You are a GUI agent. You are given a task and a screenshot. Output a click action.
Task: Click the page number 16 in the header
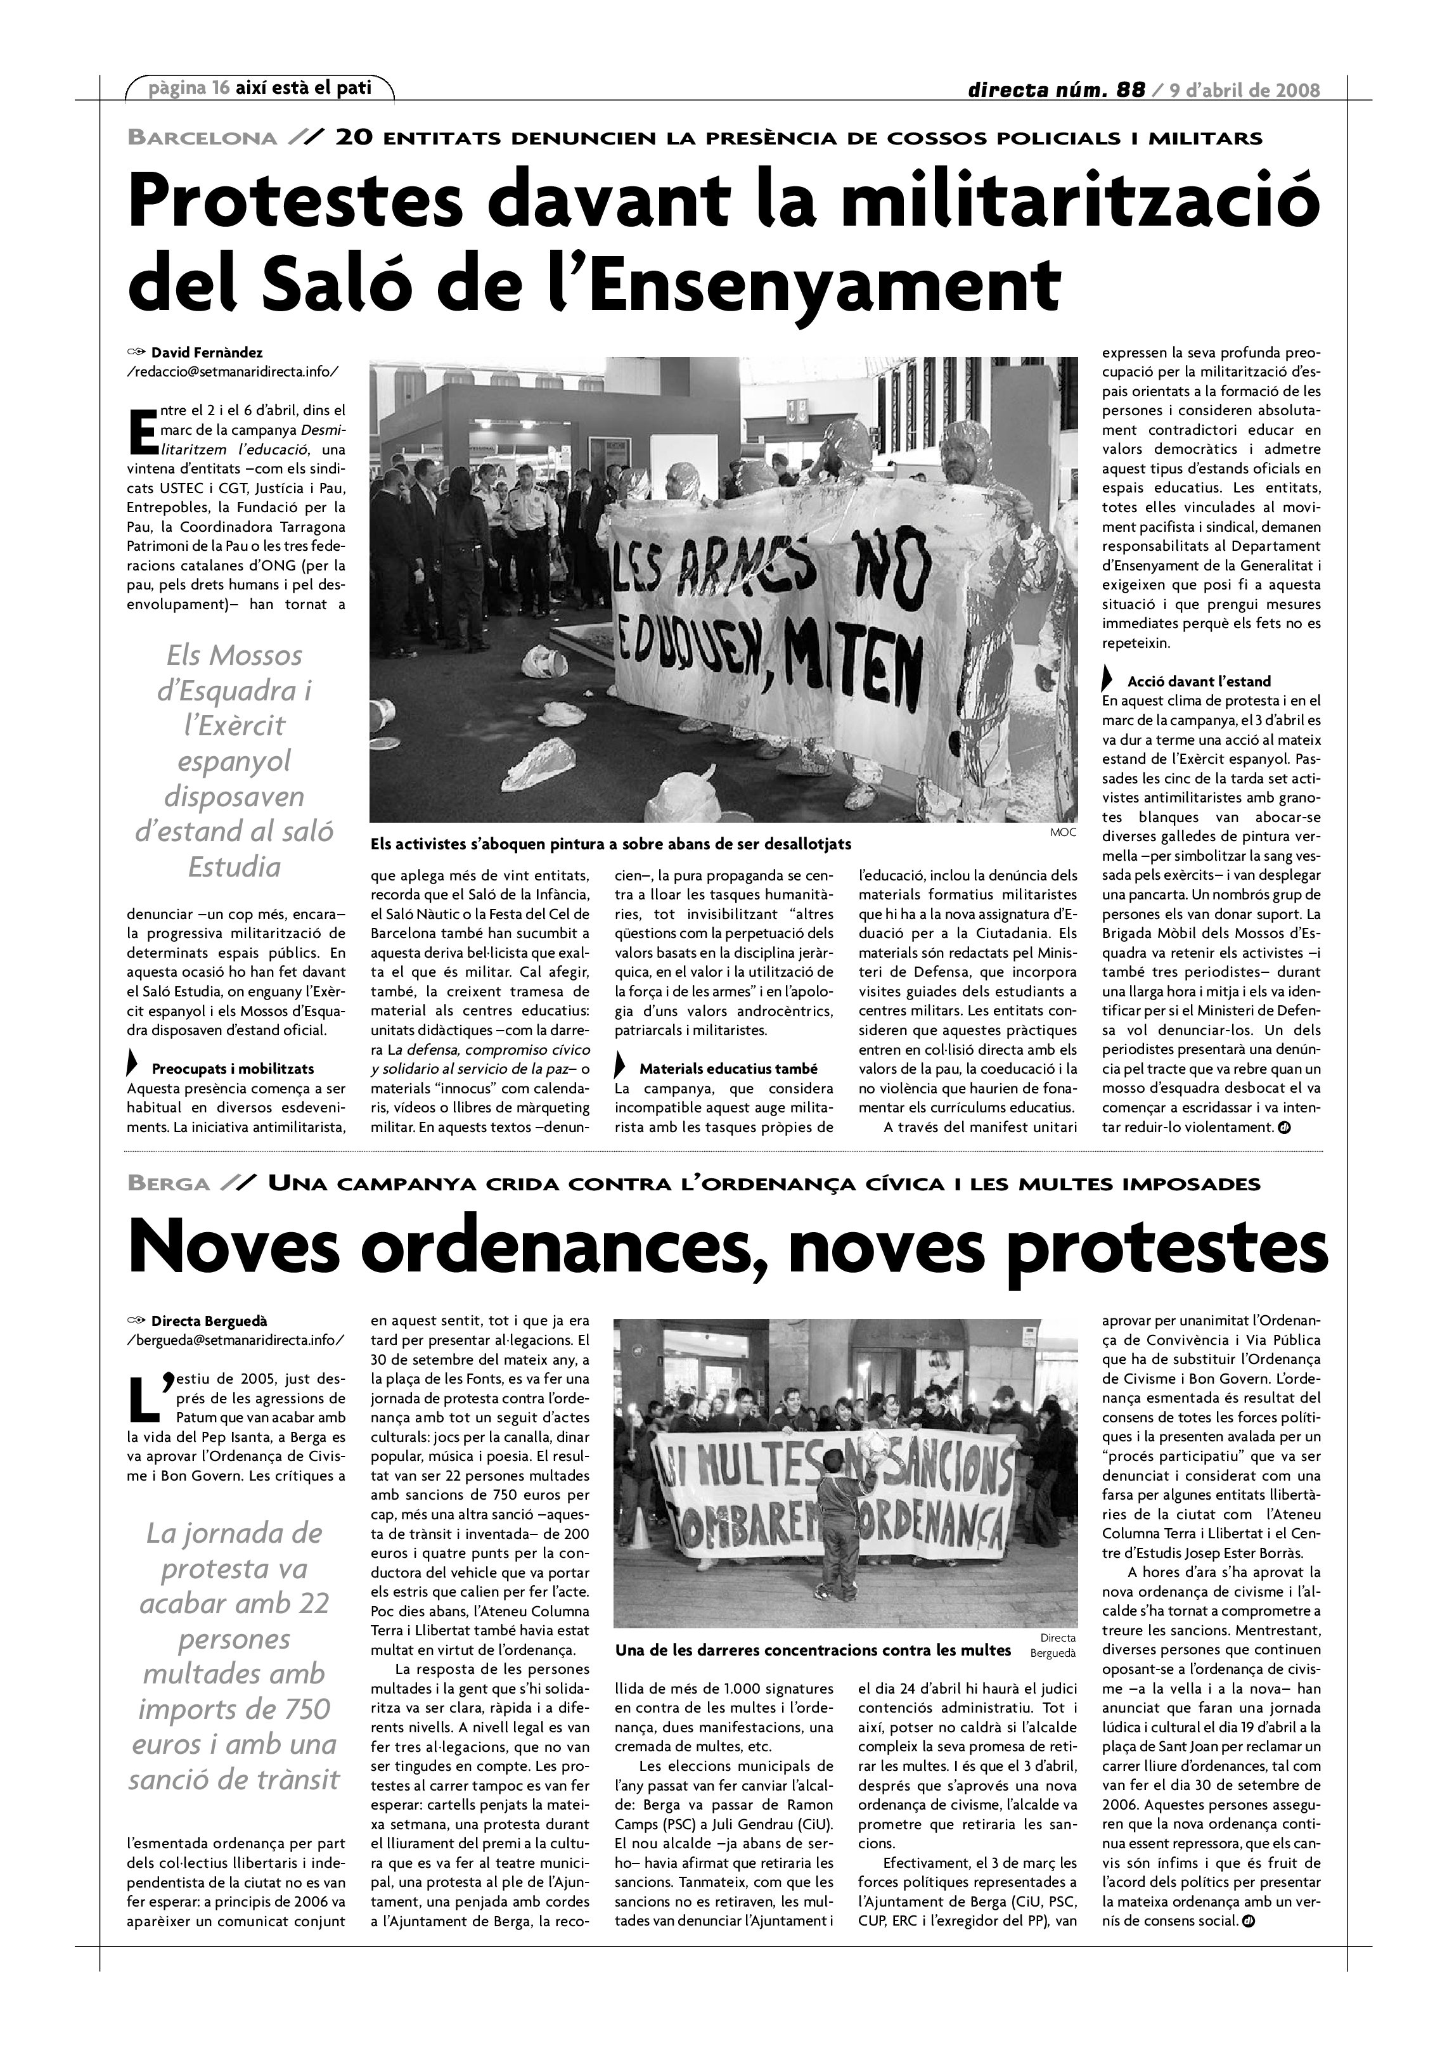pyautogui.click(x=221, y=88)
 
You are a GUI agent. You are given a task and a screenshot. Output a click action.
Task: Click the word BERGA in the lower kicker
pyautogui.click(x=169, y=1184)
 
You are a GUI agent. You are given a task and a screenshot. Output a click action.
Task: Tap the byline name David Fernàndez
pyautogui.click(x=207, y=353)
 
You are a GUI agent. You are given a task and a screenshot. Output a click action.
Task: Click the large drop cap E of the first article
pyautogui.click(x=142, y=430)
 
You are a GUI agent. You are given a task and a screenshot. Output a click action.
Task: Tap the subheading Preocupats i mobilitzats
pyautogui.click(x=233, y=1069)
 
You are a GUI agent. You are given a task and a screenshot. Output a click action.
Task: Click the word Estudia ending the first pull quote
pyautogui.click(x=235, y=867)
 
